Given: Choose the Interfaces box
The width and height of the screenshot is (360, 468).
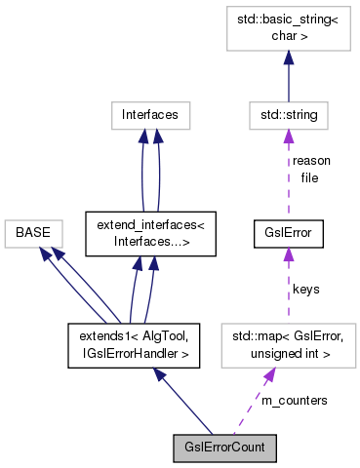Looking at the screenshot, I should [x=149, y=116].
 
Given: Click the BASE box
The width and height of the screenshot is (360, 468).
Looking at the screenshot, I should [x=32, y=234].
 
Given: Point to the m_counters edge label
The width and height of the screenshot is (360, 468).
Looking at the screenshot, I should [x=293, y=400].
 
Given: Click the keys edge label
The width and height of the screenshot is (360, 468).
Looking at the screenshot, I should [x=304, y=289].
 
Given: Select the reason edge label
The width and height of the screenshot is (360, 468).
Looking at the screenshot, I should [x=310, y=161].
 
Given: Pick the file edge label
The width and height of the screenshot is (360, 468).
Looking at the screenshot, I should [x=310, y=178].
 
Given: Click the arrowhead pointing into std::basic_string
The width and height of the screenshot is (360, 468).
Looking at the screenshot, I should [x=287, y=58].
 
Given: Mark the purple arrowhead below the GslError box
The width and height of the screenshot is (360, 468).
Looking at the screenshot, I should [x=287, y=255].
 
